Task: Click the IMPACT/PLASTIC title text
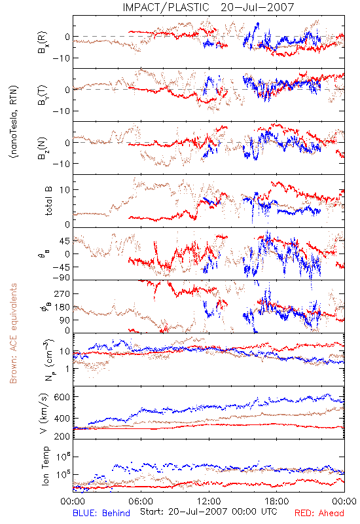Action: [x=166, y=7]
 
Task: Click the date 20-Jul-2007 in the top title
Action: [x=257, y=7]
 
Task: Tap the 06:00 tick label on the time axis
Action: [x=141, y=501]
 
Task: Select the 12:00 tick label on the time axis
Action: [x=209, y=501]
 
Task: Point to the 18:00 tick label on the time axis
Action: [x=276, y=501]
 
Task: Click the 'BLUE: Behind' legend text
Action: [x=101, y=513]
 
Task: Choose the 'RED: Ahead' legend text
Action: [x=319, y=513]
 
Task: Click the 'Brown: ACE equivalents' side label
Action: [x=13, y=333]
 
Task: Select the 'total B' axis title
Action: [x=48, y=201]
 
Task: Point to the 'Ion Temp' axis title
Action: [x=45, y=466]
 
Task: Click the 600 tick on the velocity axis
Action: [x=62, y=397]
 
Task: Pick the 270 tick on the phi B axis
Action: [x=62, y=293]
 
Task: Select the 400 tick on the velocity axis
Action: [x=62, y=419]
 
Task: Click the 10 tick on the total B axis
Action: [x=64, y=189]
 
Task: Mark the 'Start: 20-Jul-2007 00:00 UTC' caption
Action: [x=208, y=512]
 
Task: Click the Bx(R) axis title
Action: [x=43, y=43]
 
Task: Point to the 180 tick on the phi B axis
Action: [x=62, y=307]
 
